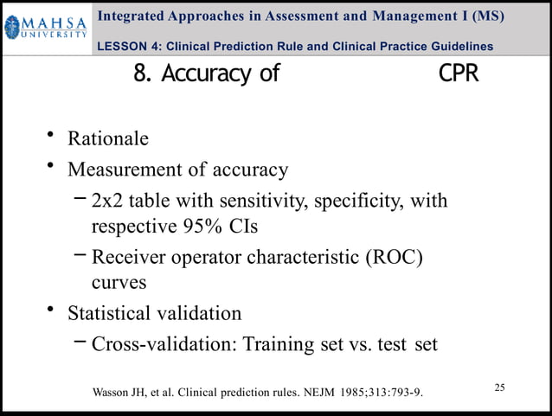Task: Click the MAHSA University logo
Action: pyautogui.click(x=45, y=29)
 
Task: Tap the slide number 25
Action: pyautogui.click(x=499, y=387)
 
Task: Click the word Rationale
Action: pyautogui.click(x=108, y=138)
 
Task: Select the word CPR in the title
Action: pyautogui.click(x=459, y=74)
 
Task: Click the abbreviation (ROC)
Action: pyautogui.click(x=397, y=257)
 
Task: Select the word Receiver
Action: pyautogui.click(x=129, y=257)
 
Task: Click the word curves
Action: pyautogui.click(x=119, y=282)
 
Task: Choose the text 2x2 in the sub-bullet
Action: pyautogui.click(x=109, y=202)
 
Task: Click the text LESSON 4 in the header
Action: pyautogui.click(x=131, y=46)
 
